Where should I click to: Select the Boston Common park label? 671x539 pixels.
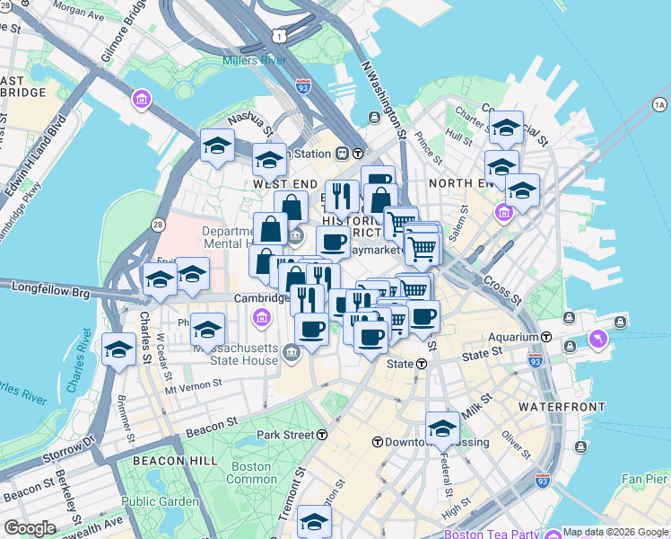251,473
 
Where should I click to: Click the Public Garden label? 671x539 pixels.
160,501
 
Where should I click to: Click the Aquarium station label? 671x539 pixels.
514,337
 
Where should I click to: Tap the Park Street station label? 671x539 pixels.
286,435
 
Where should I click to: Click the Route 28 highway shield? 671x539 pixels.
158,223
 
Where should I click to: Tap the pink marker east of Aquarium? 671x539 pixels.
598,338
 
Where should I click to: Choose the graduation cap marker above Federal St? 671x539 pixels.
442,429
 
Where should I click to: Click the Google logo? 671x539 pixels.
30,527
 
